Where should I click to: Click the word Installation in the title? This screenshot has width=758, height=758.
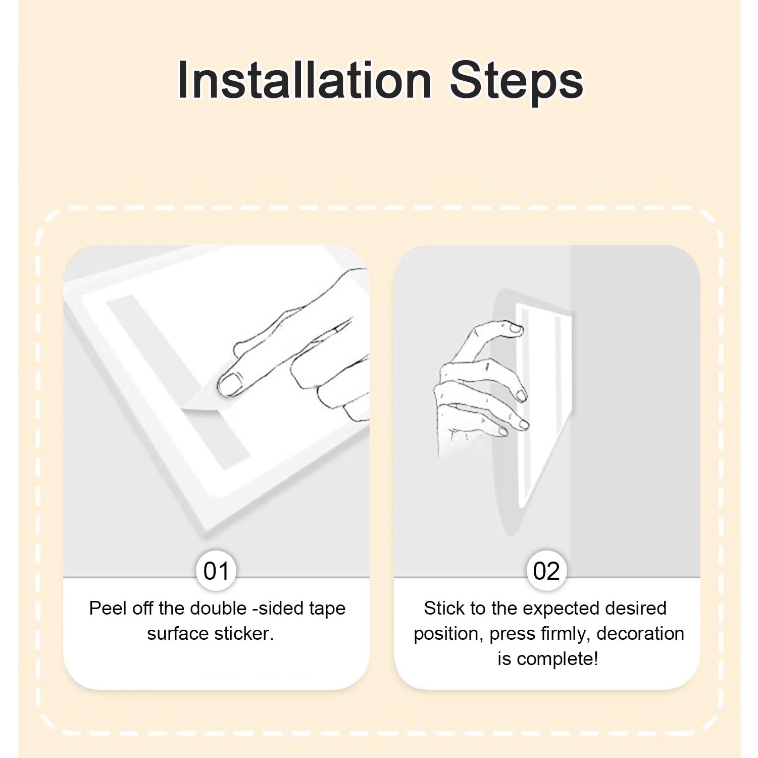click(304, 80)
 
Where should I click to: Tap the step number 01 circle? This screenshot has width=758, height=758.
click(216, 571)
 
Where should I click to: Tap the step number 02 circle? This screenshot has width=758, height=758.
click(546, 571)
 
